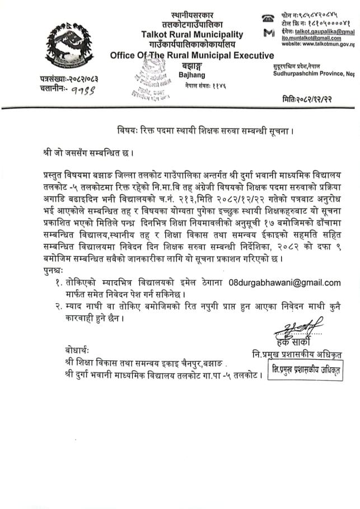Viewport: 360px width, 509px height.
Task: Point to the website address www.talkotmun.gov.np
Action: tap(319, 44)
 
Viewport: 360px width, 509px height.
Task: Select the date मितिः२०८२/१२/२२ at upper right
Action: tap(317, 98)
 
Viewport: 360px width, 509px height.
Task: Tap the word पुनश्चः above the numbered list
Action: tap(56, 271)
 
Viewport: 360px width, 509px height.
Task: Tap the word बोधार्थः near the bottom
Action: tap(76, 350)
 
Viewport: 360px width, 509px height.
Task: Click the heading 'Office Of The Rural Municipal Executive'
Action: tap(192, 55)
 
